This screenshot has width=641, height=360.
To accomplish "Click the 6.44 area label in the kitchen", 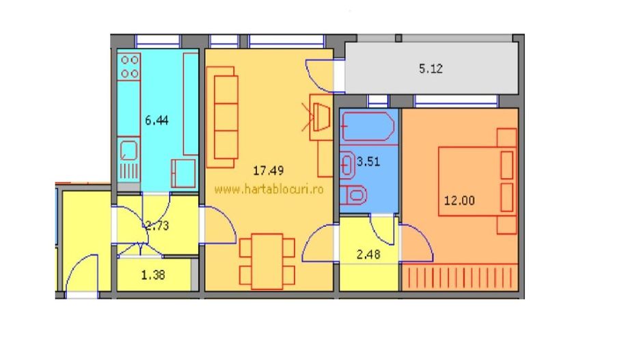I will (156, 120).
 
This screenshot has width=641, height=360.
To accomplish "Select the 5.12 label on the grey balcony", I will (431, 68).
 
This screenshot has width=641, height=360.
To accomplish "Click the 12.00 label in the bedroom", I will (459, 201).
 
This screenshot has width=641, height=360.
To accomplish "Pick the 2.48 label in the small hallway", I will (370, 255).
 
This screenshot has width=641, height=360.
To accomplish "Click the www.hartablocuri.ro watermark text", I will (269, 189).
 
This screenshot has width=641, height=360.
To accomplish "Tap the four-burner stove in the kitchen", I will (130, 66).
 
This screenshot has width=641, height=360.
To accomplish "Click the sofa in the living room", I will (224, 117).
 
